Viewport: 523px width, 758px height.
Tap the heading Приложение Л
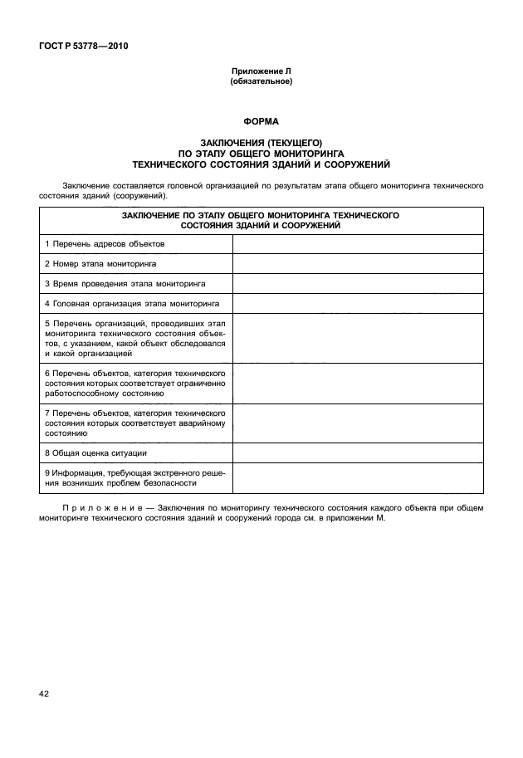click(261, 72)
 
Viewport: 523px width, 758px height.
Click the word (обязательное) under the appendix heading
click(261, 82)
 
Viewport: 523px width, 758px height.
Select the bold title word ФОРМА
click(261, 121)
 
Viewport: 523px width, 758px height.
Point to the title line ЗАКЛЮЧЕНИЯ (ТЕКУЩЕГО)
click(261, 143)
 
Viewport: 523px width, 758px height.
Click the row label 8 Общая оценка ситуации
click(95, 452)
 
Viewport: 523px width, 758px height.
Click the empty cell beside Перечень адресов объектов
click(358, 244)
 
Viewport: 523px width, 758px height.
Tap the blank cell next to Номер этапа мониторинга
click(358, 263)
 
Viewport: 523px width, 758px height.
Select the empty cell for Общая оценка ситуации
click(358, 452)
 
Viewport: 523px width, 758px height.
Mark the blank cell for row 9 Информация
click(358, 477)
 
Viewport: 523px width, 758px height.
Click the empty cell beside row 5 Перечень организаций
click(358, 337)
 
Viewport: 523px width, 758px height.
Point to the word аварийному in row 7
click(202, 423)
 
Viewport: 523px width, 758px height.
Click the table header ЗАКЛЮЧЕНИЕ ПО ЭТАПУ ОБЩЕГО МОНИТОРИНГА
click(261, 214)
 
